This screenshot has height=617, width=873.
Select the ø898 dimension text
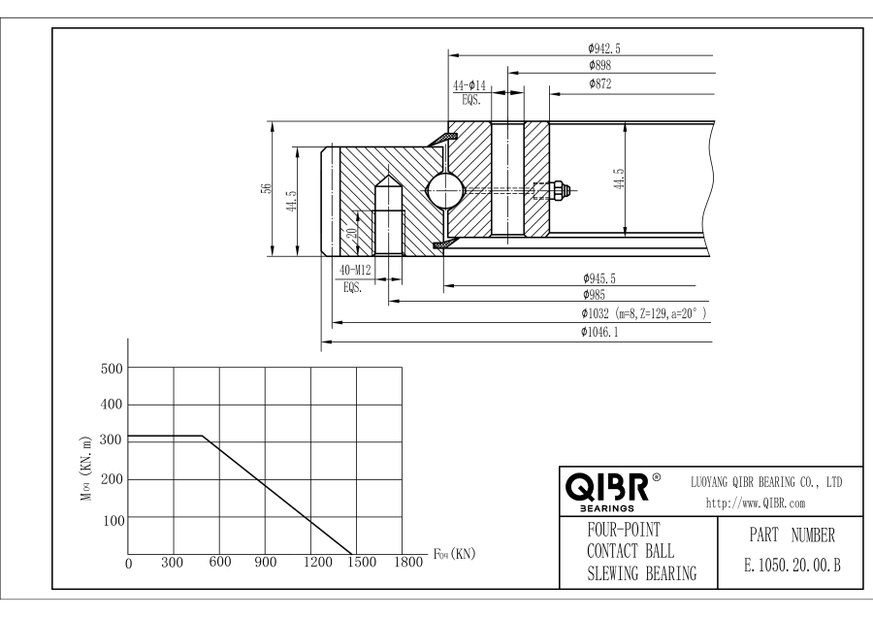click(x=599, y=65)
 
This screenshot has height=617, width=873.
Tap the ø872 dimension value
click(x=599, y=84)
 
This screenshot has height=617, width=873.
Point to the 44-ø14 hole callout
click(x=469, y=87)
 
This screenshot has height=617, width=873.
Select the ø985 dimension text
click(x=594, y=294)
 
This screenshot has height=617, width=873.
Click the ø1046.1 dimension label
click(x=601, y=333)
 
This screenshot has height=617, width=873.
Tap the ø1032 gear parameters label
click(x=641, y=314)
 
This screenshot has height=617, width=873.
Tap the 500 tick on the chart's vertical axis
click(x=113, y=369)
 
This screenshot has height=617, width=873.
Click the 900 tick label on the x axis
click(x=264, y=563)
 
